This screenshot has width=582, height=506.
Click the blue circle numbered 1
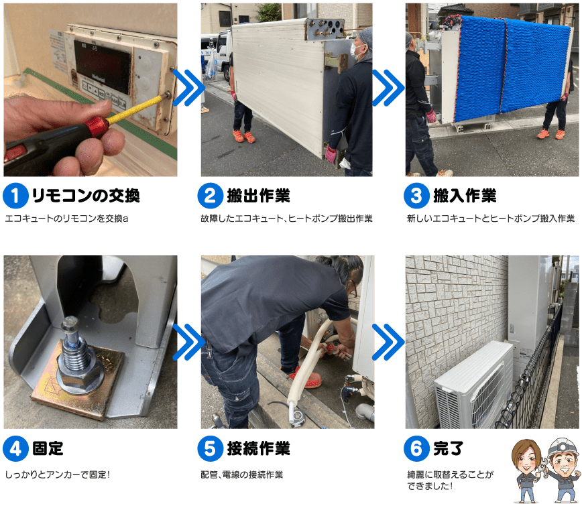(x=15, y=196)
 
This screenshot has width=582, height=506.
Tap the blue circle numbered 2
(x=210, y=196)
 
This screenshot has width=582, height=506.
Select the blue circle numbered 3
(x=416, y=196)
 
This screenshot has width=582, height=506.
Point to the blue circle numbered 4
(x=15, y=448)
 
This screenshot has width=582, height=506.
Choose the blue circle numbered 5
(x=210, y=448)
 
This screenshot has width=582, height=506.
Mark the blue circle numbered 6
(x=416, y=448)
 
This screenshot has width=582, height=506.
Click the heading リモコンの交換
(x=86, y=196)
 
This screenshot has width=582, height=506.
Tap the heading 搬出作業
(x=259, y=196)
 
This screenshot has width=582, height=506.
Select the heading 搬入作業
(x=465, y=196)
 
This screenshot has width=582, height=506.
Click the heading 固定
(x=48, y=448)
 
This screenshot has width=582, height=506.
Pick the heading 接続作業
(x=259, y=448)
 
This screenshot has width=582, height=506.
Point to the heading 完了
(x=449, y=448)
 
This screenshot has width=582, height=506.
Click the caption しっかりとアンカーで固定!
(x=58, y=475)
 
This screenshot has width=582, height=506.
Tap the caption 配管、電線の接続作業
(x=241, y=475)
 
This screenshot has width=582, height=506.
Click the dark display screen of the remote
(x=103, y=68)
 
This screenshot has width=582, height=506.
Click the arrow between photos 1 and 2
(x=188, y=88)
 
